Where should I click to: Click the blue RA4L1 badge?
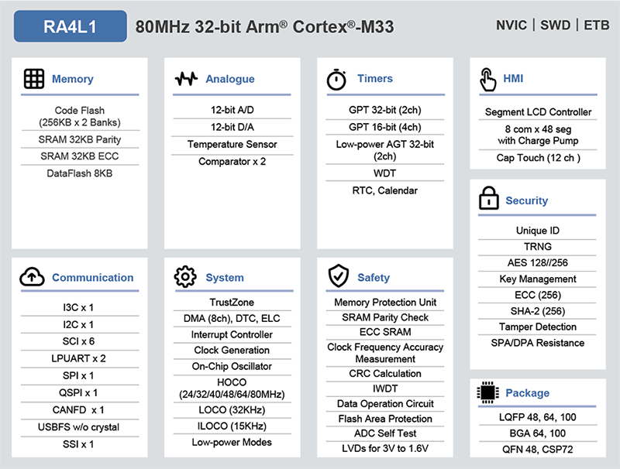71,26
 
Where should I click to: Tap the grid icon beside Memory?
33,79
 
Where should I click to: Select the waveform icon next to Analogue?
186,79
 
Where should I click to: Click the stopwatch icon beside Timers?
336,79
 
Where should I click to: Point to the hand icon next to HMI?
487,79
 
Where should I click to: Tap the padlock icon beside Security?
488,200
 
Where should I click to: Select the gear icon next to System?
185,277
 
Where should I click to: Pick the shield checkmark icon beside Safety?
338,277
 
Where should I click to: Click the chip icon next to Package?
487,393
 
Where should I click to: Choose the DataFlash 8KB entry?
80,173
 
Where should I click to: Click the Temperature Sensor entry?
232,145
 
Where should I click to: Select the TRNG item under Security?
538,247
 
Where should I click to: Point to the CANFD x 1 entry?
78,410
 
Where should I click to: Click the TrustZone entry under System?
232,303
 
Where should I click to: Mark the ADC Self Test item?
385,433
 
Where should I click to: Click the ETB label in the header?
597,26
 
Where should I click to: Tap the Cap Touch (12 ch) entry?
538,158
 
